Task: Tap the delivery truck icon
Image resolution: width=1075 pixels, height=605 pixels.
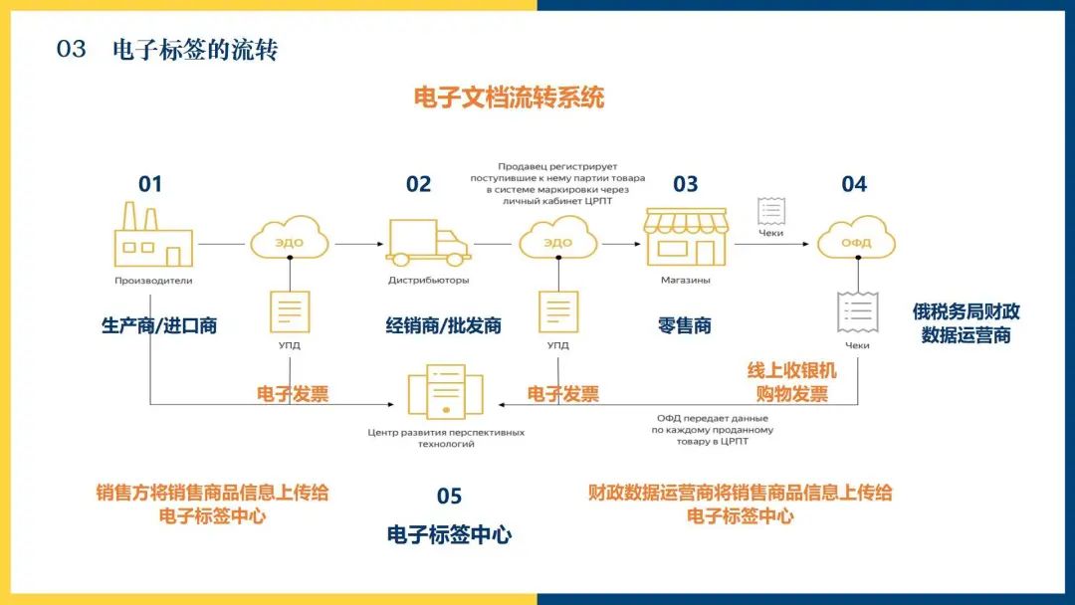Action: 428,243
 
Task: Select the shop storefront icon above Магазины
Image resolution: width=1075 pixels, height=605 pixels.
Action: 686,236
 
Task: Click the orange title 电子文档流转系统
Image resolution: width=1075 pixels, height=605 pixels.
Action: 509,98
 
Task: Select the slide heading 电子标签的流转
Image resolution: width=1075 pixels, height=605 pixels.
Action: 195,50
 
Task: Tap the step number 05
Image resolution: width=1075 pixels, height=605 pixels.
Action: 449,496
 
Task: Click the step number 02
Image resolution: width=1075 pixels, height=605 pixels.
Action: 419,184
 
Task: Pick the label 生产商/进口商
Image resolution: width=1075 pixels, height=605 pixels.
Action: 159,325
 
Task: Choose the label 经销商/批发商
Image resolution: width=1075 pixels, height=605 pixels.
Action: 444,325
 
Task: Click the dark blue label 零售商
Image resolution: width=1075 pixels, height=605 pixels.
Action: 685,325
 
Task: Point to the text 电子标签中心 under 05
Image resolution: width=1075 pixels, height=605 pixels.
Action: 449,534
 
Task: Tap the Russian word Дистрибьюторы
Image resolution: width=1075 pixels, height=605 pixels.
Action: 429,281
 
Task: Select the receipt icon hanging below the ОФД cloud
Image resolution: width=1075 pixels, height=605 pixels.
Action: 857,312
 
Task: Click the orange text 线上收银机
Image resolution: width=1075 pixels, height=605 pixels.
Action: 792,370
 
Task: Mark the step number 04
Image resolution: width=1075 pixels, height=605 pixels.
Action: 854,184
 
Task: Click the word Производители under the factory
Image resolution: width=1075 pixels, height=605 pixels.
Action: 152,281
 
